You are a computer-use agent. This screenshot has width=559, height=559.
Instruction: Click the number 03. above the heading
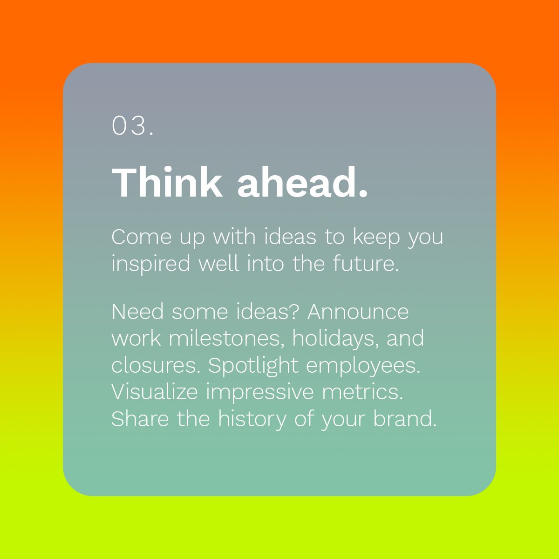coord(133,126)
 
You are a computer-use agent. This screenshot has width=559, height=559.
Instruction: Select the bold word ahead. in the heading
coord(302,183)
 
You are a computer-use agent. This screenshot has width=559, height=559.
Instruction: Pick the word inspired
coord(151,265)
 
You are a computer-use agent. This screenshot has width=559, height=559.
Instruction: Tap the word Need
coord(137,312)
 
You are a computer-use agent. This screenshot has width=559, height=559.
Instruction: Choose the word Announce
coord(358,312)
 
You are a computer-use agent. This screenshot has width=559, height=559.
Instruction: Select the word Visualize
coord(155,392)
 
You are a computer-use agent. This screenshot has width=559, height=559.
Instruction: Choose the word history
coord(252,420)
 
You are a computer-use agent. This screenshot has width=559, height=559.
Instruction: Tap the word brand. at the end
coord(404,419)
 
